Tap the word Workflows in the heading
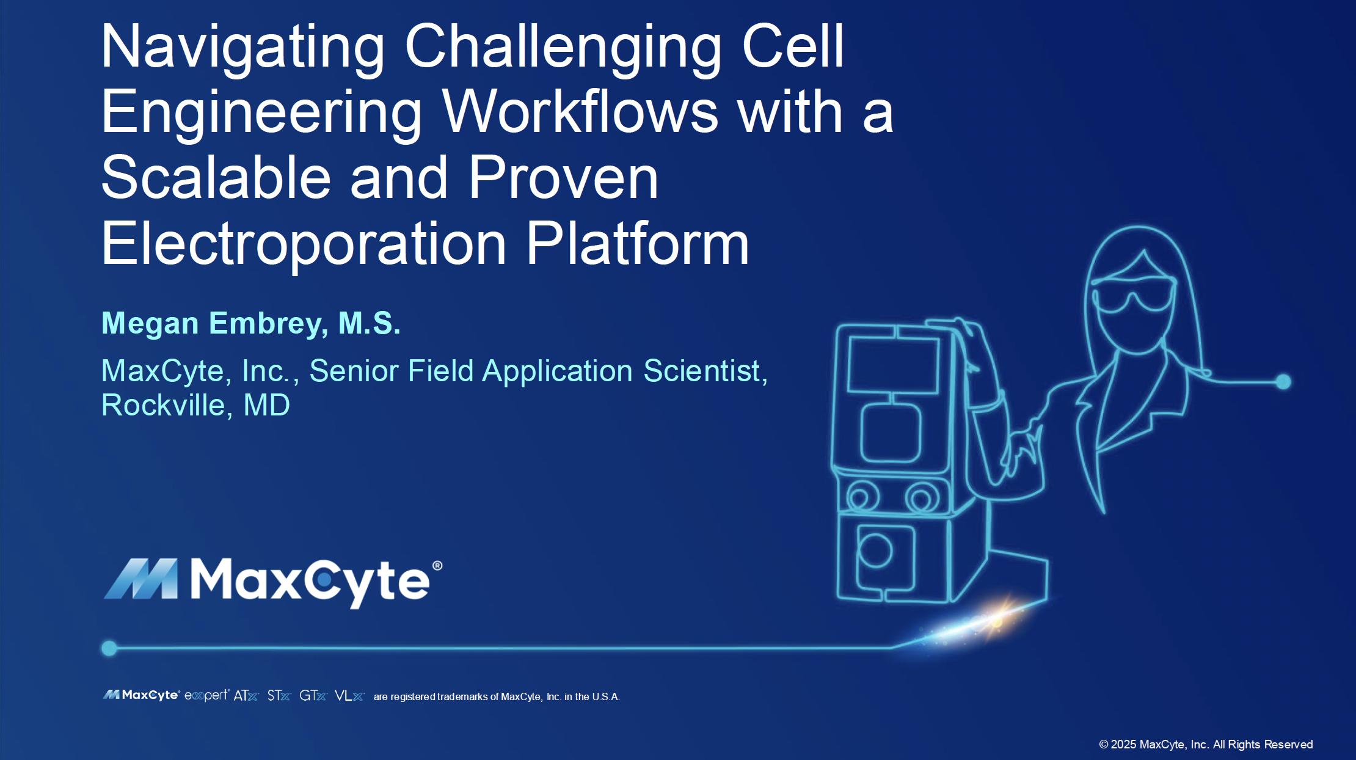[x=580, y=112]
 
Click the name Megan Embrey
[x=211, y=323]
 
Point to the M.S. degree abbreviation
[x=369, y=323]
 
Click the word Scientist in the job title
[x=702, y=371]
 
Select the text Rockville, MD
[x=195, y=405]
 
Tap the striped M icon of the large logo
[x=142, y=579]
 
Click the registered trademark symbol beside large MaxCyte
[x=437, y=566]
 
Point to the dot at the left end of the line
[x=109, y=648]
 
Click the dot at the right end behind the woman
[x=1283, y=382]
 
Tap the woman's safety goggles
[x=1134, y=295]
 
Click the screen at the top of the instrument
[x=894, y=365]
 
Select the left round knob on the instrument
[x=862, y=497]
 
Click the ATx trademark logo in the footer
[x=246, y=696]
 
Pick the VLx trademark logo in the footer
[x=349, y=696]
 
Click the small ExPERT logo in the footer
[x=206, y=695]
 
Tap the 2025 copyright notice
[x=1206, y=744]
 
